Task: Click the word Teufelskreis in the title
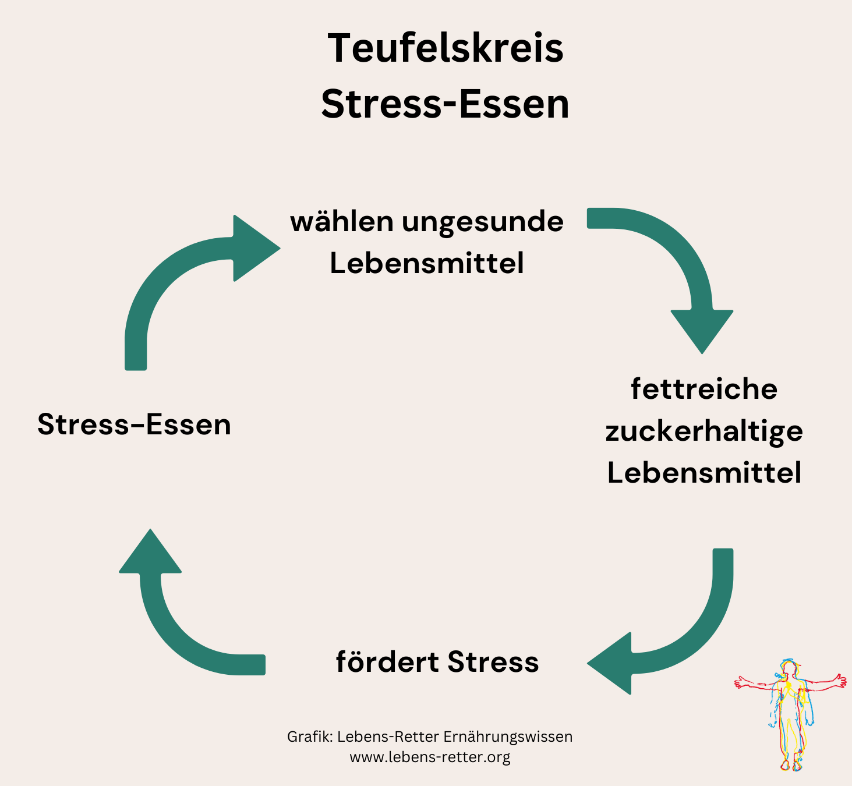point(446,48)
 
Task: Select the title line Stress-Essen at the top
point(446,105)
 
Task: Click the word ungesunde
point(483,222)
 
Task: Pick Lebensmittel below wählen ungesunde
point(427,263)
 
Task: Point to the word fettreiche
point(704,389)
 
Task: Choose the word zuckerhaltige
point(704,431)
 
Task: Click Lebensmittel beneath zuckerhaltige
point(704,473)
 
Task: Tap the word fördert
point(387,662)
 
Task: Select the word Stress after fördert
point(493,662)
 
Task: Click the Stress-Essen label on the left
point(134,424)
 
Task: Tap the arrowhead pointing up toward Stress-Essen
point(150,554)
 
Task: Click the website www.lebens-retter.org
point(430,757)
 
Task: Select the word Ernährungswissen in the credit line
point(508,737)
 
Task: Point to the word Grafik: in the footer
point(310,737)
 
